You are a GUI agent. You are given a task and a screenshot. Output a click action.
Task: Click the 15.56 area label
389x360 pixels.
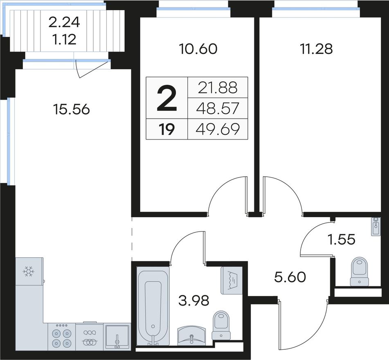coord(71,109)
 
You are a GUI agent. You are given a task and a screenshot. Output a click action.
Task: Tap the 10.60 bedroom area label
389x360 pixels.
coord(198,49)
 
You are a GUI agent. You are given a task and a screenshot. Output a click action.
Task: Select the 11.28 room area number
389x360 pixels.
coord(316,49)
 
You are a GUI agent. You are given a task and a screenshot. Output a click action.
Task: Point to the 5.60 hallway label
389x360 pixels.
coord(290,277)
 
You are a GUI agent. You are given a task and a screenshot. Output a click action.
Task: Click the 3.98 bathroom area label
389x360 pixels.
coord(194,300)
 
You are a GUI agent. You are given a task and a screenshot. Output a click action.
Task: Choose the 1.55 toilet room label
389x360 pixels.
coord(342,240)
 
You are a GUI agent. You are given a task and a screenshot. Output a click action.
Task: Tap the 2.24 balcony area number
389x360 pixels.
coord(64,23)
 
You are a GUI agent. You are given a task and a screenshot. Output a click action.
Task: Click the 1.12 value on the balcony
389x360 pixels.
coord(64,39)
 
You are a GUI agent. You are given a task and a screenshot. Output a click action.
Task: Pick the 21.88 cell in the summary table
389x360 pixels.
coord(218,88)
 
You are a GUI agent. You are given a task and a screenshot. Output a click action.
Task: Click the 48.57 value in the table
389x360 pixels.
coord(218,108)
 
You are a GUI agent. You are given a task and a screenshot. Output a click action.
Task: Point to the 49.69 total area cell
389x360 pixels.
coord(218,129)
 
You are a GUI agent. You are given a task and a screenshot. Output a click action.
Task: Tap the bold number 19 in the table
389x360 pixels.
coord(167,129)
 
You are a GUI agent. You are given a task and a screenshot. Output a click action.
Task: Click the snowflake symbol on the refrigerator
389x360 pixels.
coord(29,271)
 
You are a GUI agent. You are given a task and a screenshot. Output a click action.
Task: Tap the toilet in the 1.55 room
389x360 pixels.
coord(359,271)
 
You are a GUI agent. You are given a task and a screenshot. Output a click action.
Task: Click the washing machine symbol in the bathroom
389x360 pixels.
coord(232,281)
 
